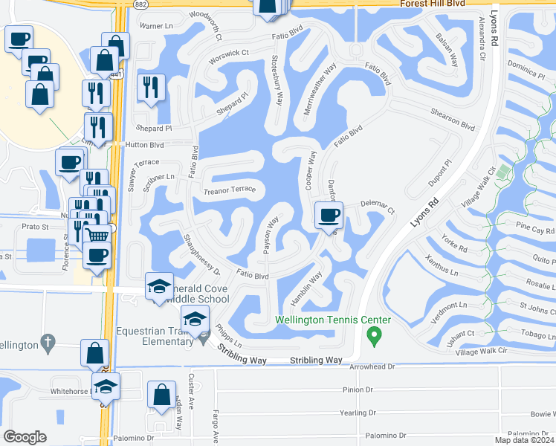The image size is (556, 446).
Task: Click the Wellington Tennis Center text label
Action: (333, 320)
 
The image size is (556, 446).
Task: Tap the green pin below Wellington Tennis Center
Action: (375, 337)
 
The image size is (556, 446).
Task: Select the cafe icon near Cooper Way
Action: (329, 217)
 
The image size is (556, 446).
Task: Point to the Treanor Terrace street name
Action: (230, 190)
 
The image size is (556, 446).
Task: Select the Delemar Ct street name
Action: (377, 202)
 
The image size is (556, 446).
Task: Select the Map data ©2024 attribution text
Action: (524, 440)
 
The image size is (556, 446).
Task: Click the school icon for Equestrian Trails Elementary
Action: (195, 320)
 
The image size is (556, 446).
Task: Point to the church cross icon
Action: (48, 343)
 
